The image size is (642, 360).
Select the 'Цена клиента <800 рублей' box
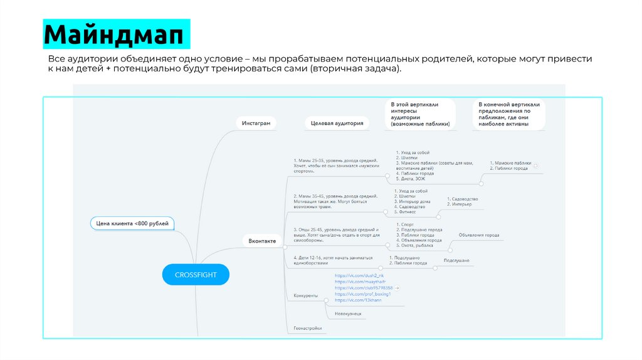coord(132,223)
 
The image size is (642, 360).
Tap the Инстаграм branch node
coord(256,123)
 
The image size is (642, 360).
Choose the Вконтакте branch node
coord(261,240)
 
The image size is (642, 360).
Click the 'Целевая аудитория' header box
coord(337,124)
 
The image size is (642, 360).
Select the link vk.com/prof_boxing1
coord(363,294)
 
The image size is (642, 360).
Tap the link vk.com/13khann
coord(358,300)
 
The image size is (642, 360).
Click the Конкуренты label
coord(305,295)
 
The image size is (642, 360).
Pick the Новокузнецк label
coord(348,314)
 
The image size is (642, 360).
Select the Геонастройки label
coord(308,328)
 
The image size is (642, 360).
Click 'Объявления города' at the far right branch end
coord(479,235)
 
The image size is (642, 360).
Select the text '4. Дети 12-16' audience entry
coord(332,260)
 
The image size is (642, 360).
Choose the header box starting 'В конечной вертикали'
coord(508,114)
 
